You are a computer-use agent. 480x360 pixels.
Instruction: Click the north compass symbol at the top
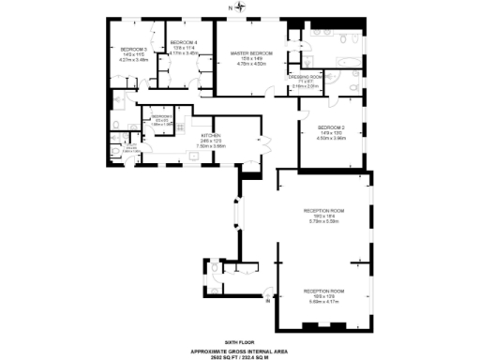(x=240, y=7)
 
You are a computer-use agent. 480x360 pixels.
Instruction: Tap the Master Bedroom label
(x=252, y=53)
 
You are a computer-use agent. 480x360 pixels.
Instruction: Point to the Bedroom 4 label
(x=183, y=42)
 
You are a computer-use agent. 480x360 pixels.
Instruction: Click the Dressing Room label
(x=306, y=77)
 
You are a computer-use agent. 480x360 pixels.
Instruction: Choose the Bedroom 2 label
(x=332, y=127)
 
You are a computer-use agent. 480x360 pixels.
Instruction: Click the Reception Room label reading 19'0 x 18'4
(x=324, y=210)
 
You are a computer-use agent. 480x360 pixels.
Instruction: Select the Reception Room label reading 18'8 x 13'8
(x=324, y=291)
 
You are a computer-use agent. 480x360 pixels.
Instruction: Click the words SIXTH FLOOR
(x=239, y=344)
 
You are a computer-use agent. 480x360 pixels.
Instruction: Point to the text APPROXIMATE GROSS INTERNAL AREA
(x=239, y=351)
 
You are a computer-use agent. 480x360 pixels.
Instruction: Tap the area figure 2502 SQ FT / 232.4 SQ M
(x=239, y=356)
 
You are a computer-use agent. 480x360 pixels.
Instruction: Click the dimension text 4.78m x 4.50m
(x=252, y=64)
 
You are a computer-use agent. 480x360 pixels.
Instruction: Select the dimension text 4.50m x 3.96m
(x=332, y=138)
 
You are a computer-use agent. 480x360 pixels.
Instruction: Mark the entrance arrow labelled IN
(x=269, y=301)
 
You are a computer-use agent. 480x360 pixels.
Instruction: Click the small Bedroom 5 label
(x=161, y=116)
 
